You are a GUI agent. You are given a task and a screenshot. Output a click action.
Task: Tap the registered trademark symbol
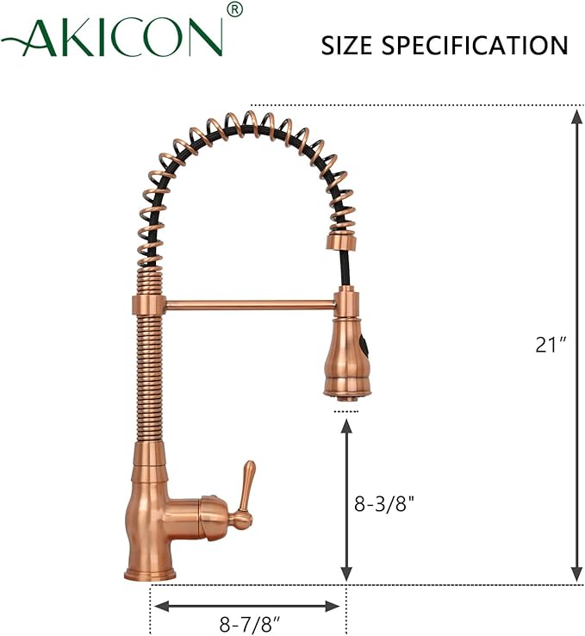[235, 9]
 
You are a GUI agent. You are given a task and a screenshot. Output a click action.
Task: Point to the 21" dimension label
[550, 345]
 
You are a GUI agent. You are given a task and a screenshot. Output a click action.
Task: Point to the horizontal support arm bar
[250, 303]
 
